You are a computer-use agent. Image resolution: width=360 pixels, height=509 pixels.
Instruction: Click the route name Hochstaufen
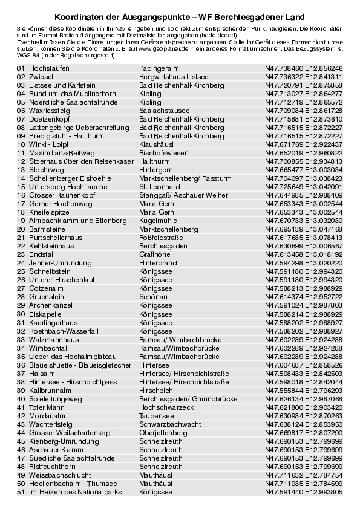(x=49, y=69)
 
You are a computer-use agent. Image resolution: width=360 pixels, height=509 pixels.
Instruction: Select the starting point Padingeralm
(x=158, y=69)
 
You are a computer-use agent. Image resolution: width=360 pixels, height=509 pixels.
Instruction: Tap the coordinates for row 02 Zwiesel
(x=304, y=77)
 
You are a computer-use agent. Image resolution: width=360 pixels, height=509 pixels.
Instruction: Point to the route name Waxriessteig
(x=50, y=111)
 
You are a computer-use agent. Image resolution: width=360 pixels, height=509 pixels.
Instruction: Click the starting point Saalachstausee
(x=164, y=111)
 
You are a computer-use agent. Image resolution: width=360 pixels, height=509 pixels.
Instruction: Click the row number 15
(x=21, y=187)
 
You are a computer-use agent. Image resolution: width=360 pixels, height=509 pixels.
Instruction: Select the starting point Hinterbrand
(x=158, y=264)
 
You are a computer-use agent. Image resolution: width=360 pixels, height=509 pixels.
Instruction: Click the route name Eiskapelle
(x=45, y=314)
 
